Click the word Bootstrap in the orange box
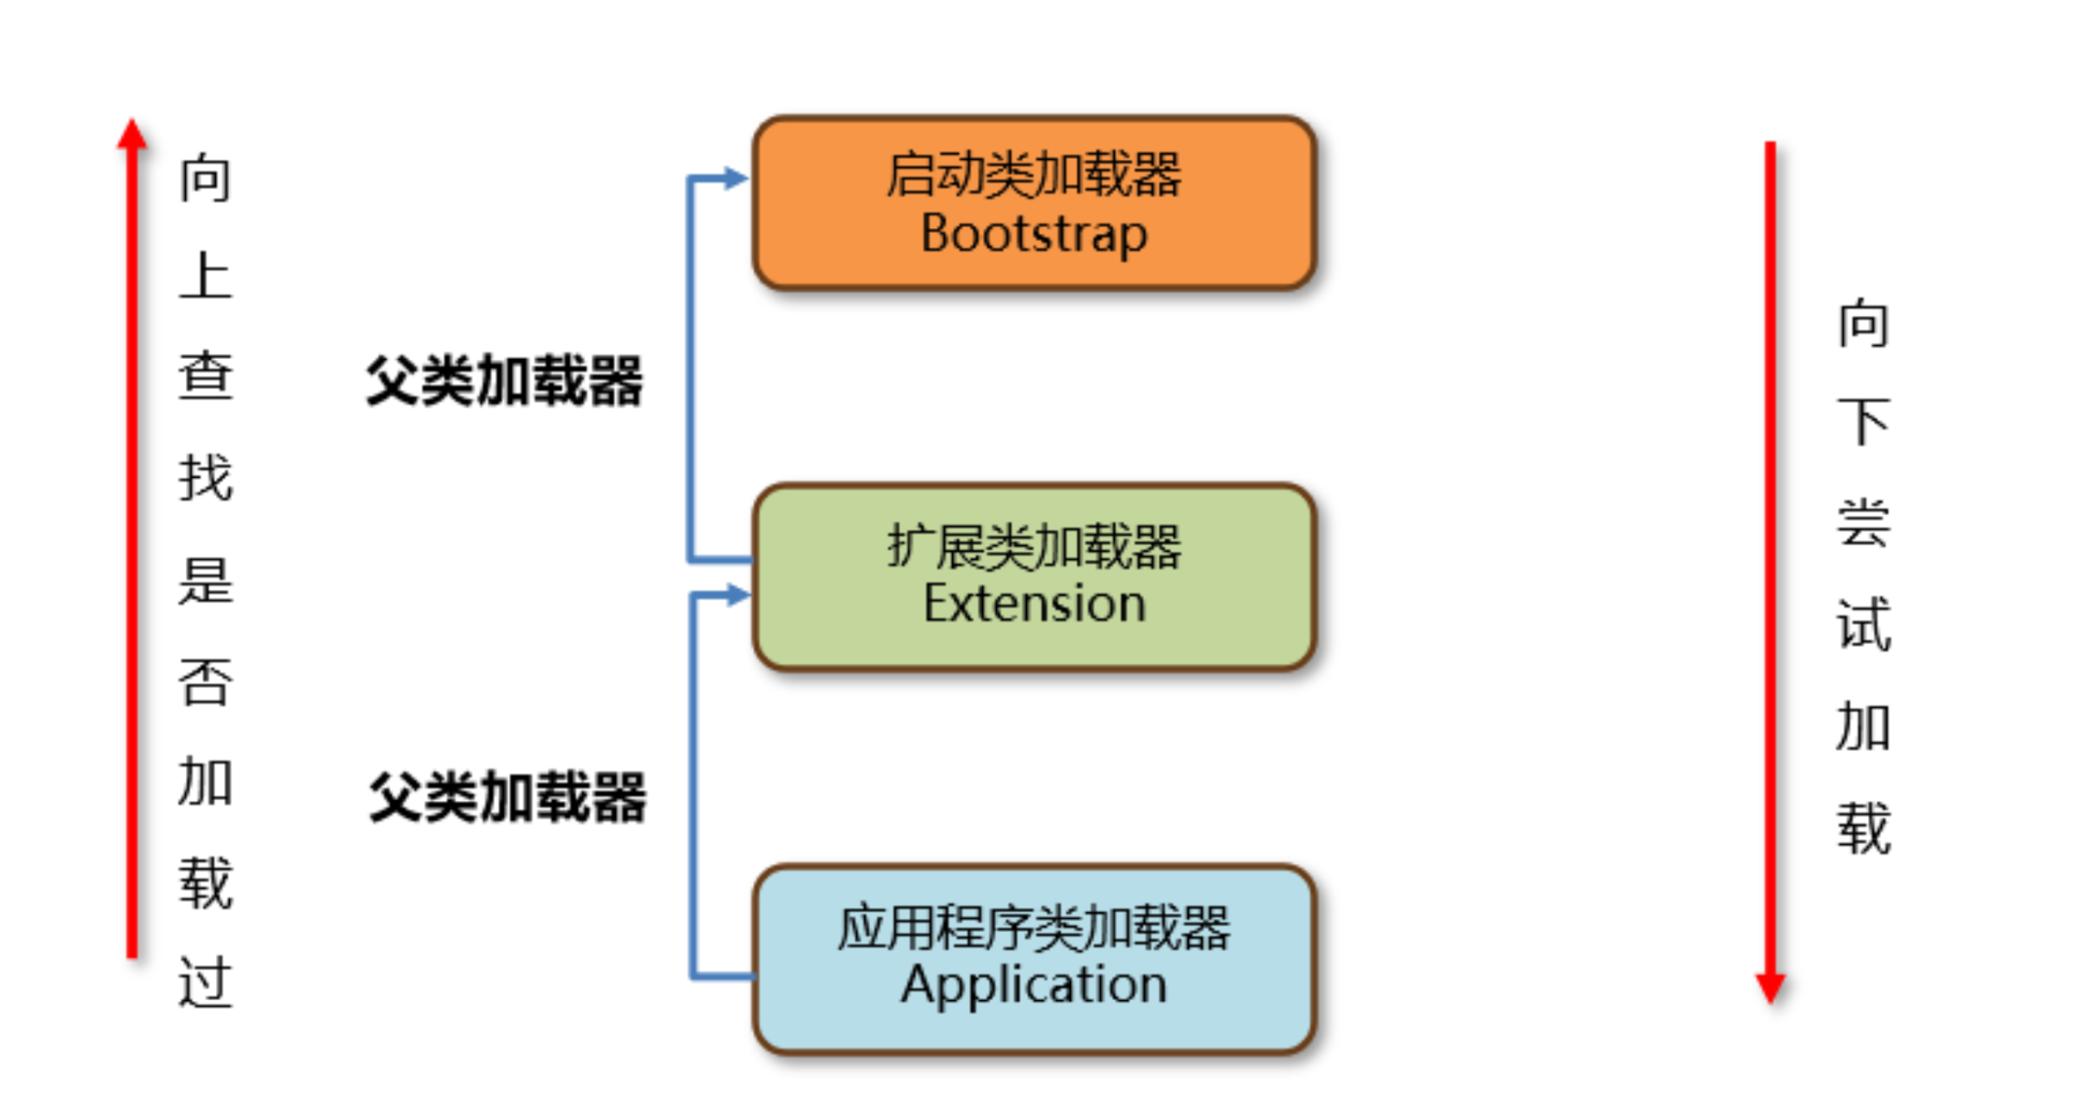click(1034, 234)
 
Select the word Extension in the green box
click(1034, 604)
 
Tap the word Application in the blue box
click(1034, 985)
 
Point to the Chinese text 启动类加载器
click(1034, 175)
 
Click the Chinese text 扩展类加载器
click(1034, 546)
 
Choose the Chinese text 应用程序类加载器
click(1034, 927)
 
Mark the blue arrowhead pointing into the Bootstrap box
click(735, 178)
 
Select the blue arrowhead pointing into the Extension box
click(737, 595)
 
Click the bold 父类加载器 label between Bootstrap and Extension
click(505, 381)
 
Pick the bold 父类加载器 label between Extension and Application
click(507, 797)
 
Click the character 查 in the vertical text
click(206, 377)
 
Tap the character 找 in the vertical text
click(206, 478)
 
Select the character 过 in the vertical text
click(206, 982)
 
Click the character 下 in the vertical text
click(1863, 422)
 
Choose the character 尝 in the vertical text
click(1863, 523)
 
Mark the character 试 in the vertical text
click(1863, 624)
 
